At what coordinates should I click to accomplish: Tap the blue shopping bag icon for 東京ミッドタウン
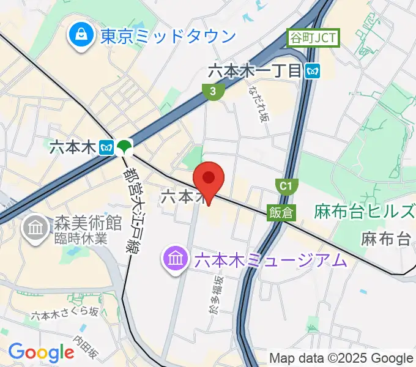pyautogui.click(x=81, y=35)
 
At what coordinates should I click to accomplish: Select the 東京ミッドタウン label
pyautogui.click(x=168, y=36)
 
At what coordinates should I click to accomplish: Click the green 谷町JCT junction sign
pyautogui.click(x=313, y=39)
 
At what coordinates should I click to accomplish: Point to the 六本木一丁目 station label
pyautogui.click(x=255, y=71)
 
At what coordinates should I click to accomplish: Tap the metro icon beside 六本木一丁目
pyautogui.click(x=313, y=72)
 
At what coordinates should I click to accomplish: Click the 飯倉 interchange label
pyautogui.click(x=281, y=212)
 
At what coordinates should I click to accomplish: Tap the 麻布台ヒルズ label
pyautogui.click(x=365, y=212)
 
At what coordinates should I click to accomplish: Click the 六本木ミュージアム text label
pyautogui.click(x=270, y=260)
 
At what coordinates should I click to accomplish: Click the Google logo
pyautogui.click(x=41, y=352)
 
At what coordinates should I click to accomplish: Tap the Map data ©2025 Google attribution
pyautogui.click(x=341, y=358)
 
